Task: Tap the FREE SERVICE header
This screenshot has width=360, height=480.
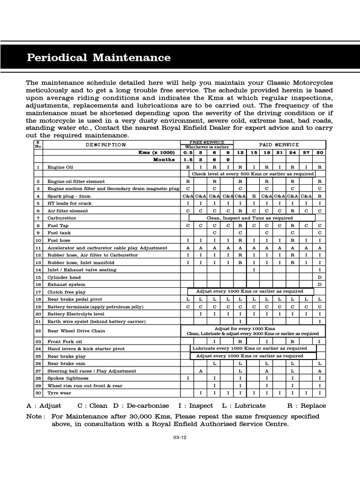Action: coord(206,142)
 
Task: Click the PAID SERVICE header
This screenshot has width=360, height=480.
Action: coord(278,145)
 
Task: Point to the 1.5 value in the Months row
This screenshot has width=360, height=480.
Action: coord(188,159)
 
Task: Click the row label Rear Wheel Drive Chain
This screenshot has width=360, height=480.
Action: coord(76,331)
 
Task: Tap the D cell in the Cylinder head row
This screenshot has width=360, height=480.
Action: coord(320,277)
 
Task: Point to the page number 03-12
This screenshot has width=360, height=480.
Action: coord(180,438)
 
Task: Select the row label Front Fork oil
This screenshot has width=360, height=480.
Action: coord(65,342)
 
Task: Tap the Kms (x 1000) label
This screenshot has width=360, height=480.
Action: coord(156,152)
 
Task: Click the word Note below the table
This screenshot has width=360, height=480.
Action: coord(36,416)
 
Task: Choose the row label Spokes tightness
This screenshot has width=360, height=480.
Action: coord(67,378)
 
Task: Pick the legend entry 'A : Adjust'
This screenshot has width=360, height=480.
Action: coord(45,406)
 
